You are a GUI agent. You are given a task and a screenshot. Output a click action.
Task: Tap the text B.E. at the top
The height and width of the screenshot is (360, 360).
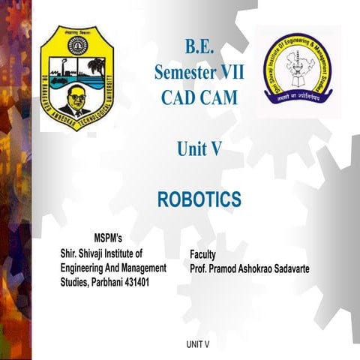point(199,49)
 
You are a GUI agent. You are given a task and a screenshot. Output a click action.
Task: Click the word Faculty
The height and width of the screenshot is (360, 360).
point(204,254)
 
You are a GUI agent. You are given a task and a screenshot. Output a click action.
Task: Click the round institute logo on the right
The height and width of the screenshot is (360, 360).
point(296,67)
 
